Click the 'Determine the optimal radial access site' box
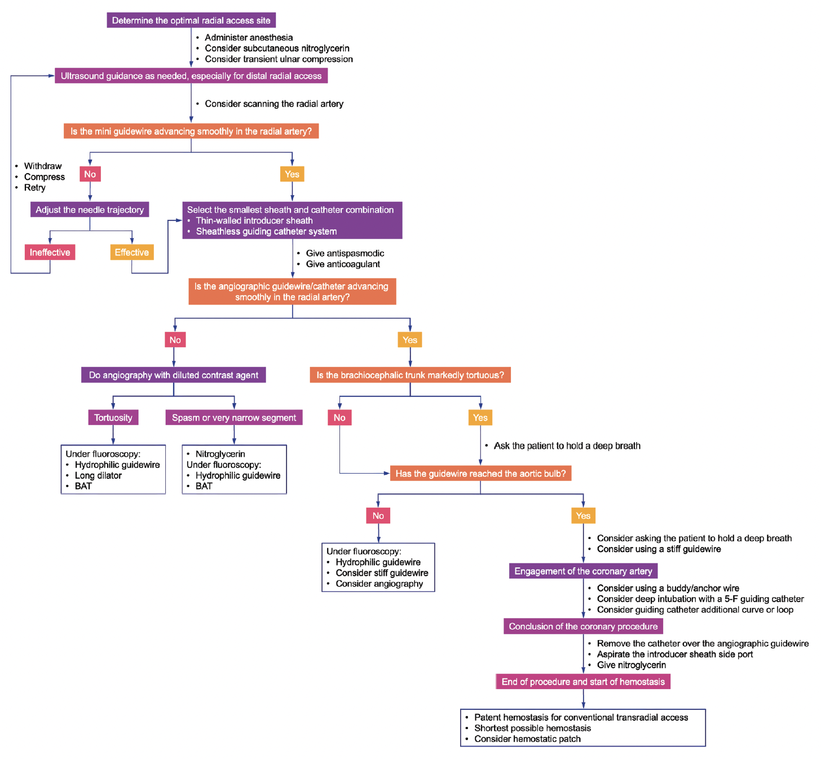click(191, 20)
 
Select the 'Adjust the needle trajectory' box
click(90, 210)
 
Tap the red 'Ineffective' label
click(50, 252)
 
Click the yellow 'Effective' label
click(132, 252)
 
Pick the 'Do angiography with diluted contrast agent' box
click(174, 375)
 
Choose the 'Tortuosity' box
click(113, 417)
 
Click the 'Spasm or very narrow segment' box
click(234, 417)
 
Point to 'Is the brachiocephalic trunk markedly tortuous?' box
click(410, 375)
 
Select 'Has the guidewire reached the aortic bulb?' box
click(480, 473)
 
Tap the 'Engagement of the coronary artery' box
click(583, 571)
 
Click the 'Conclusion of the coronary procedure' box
click(583, 626)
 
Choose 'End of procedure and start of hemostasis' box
click(583, 682)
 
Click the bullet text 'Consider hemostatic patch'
click(527, 739)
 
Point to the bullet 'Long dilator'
click(98, 475)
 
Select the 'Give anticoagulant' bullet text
click(343, 264)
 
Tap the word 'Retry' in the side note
click(34, 187)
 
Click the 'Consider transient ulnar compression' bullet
click(279, 59)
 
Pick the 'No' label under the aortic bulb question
click(378, 515)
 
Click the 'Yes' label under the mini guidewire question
click(292, 174)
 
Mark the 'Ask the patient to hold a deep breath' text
click(567, 445)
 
